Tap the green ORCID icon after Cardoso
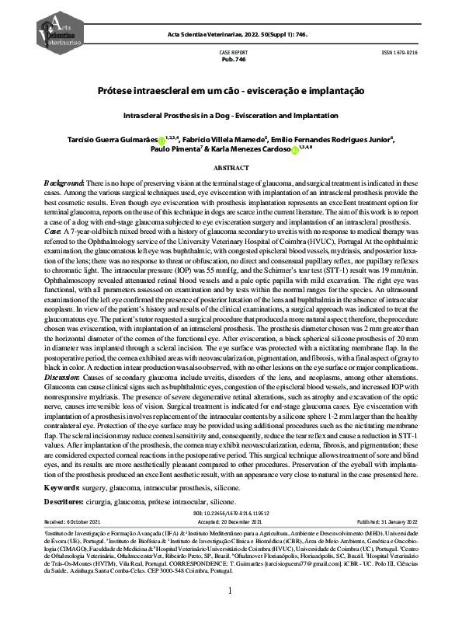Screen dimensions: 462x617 click(295, 152)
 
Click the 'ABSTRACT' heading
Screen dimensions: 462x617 click(231, 168)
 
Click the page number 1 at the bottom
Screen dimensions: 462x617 click(231, 591)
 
